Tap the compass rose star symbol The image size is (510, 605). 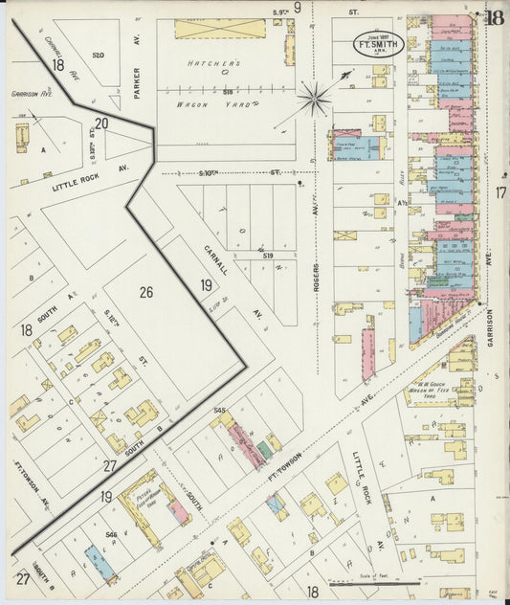coord(314,96)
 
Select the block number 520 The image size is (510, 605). coord(98,56)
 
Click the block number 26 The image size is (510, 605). coord(145,292)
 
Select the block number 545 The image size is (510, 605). coord(219,411)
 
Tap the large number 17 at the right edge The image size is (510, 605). coord(499,193)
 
